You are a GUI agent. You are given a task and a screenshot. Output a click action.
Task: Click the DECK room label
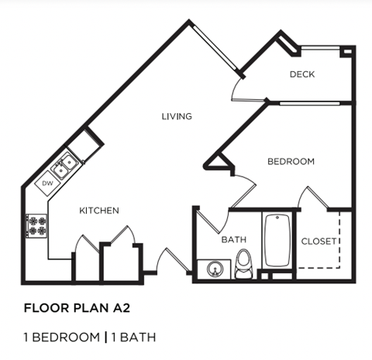point(301,74)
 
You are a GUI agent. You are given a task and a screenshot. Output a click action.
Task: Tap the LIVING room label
point(177,117)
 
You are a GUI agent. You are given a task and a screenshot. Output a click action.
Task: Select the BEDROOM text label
point(291,162)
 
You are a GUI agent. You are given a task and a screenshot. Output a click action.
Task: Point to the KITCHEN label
point(99,211)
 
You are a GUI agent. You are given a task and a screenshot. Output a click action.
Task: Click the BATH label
point(233,240)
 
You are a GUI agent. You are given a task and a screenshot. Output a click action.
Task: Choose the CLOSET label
point(319,241)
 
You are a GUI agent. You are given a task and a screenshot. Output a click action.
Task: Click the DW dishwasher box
point(47,183)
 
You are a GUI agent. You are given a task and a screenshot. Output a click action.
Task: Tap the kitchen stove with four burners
point(36,225)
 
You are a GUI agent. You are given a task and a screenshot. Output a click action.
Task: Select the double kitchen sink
point(64,164)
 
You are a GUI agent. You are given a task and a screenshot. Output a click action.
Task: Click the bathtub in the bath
point(277,239)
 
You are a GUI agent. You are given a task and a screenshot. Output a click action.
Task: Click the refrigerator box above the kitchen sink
point(86,144)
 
